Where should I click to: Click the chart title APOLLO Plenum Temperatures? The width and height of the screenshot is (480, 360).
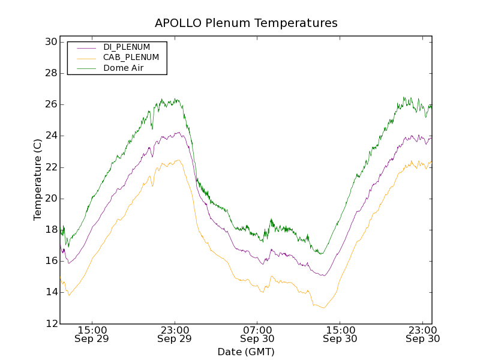[x=246, y=23]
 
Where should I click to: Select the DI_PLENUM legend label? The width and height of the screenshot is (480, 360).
[x=127, y=47]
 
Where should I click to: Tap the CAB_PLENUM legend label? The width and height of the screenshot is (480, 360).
[x=131, y=57]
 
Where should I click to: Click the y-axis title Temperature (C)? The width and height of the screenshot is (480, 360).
[x=38, y=179]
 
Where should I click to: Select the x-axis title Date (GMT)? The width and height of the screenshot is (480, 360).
[x=246, y=352]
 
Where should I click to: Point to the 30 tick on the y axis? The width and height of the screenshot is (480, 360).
[x=50, y=42]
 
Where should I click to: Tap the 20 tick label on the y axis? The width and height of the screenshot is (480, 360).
[x=50, y=199]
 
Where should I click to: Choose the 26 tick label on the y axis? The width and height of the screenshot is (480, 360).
[x=50, y=104]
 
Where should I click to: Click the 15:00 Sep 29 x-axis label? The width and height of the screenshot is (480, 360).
[x=92, y=334]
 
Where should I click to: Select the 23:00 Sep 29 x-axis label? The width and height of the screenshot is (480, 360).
[x=175, y=334]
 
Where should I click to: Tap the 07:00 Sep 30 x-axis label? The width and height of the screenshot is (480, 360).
[x=258, y=334]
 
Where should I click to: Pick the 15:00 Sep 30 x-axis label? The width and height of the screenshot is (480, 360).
[x=341, y=334]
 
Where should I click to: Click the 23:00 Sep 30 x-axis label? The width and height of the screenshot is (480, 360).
[x=423, y=334]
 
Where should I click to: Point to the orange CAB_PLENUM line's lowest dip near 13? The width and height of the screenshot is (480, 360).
[x=323, y=308]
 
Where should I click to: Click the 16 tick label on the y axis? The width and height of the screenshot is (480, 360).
[x=50, y=261]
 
